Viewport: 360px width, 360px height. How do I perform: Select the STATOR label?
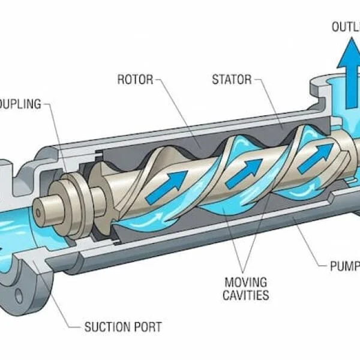[x=232, y=79]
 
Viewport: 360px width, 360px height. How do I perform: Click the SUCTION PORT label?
[x=122, y=327]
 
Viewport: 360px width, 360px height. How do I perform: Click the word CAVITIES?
[x=246, y=295]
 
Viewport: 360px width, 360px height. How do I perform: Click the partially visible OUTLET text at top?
[x=345, y=26]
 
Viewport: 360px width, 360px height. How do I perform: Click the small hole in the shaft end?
[x=40, y=212]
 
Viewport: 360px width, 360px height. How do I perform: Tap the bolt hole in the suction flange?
[x=18, y=296]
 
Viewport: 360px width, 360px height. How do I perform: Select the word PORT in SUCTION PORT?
[x=147, y=327]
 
